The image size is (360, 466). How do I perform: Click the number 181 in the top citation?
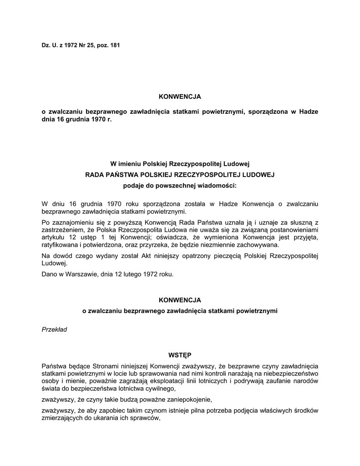(115, 45)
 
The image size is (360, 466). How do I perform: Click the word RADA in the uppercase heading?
(95, 174)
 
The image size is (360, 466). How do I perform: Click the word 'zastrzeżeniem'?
(60, 230)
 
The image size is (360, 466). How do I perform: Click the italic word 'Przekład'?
(54, 329)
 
